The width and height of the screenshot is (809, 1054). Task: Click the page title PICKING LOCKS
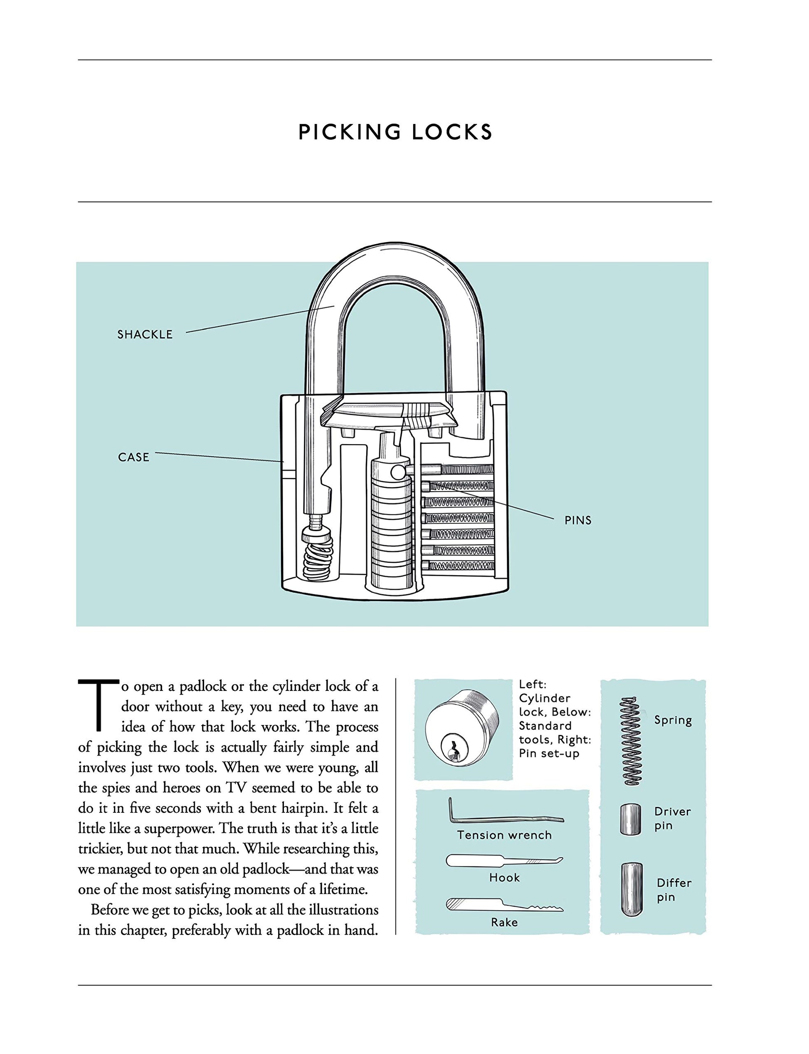[x=395, y=132]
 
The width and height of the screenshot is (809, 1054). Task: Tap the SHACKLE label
[x=145, y=334]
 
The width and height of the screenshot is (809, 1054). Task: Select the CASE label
[x=133, y=457]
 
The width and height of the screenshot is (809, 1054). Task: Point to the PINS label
[x=578, y=520]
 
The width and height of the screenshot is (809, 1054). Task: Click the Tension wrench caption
[x=504, y=835]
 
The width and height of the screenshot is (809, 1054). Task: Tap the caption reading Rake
[x=504, y=923]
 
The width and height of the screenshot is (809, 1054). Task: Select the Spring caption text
[x=673, y=721]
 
